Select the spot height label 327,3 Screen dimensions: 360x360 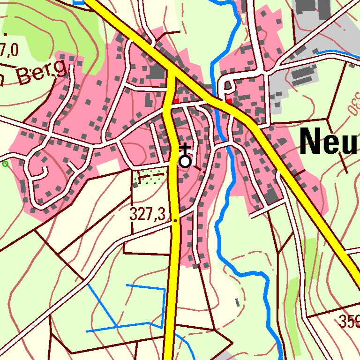[x=148, y=215]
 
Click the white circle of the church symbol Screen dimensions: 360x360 [x=185, y=162]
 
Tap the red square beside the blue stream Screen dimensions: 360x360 [x=229, y=101]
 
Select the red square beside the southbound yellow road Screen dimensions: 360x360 [x=176, y=101]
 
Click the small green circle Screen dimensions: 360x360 [x=5, y=164]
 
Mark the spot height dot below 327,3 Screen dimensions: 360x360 [x=175, y=220]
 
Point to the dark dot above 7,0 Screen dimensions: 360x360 [x=5, y=34]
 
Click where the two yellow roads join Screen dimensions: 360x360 [x=173, y=75]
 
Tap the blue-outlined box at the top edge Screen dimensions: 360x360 [x=79, y=1]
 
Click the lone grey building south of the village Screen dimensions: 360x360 [x=237, y=302]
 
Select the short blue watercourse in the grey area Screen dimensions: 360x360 [x=337, y=53]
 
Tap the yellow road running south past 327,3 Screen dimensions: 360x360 [x=174, y=262]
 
